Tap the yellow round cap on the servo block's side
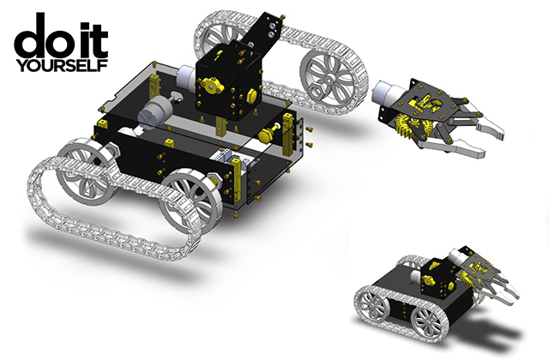click(x=252, y=95)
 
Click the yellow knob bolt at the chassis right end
click(x=268, y=133)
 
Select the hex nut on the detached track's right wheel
click(x=318, y=92)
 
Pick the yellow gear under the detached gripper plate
click(x=409, y=127)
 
